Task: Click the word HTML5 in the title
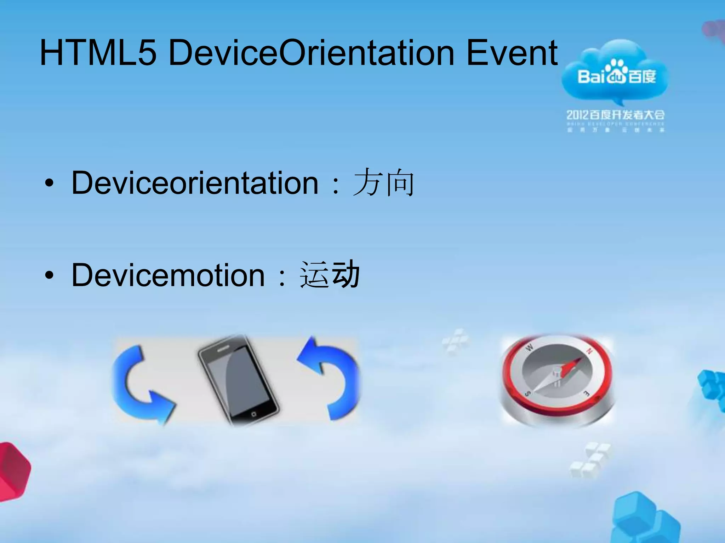click(98, 53)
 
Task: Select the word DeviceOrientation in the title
click(312, 53)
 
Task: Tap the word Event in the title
click(512, 53)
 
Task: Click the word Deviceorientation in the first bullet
click(195, 183)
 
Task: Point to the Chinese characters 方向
click(383, 183)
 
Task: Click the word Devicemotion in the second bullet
click(168, 275)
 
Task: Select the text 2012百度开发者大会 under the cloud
click(615, 115)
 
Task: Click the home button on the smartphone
click(253, 414)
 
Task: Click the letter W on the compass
click(530, 348)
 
